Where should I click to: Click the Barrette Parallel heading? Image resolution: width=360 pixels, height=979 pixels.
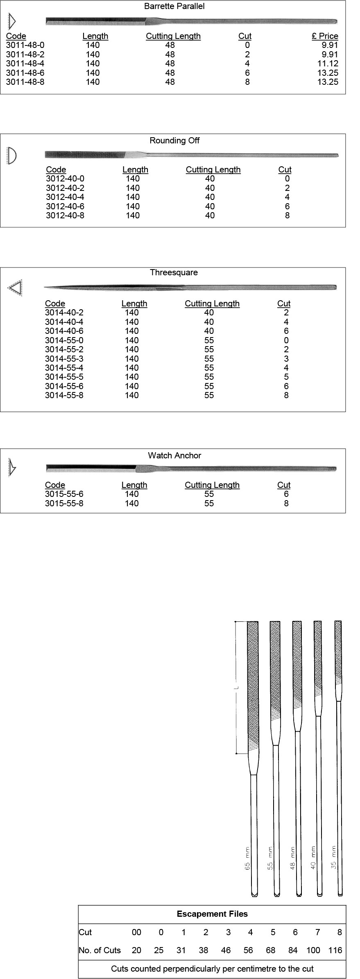pos(174,7)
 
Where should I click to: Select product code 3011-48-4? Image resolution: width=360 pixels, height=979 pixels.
pos(25,63)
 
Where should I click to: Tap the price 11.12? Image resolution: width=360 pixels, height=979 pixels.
pos(328,63)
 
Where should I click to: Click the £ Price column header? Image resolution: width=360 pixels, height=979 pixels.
pos(325,36)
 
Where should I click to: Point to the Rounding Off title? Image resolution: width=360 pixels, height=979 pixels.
pos(174,141)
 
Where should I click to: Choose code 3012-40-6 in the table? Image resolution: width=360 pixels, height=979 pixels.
pos(65,206)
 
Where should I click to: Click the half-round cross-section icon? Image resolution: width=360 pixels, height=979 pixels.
pos(12,156)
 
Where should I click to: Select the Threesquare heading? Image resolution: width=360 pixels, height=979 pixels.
pos(174,272)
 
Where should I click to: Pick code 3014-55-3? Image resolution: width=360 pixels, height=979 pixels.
pos(64,359)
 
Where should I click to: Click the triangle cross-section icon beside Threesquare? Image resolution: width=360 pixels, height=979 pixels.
pos(15,288)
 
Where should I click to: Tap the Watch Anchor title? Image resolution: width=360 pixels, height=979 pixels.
pos(174,456)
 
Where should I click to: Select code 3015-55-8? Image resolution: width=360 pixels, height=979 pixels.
pos(64,503)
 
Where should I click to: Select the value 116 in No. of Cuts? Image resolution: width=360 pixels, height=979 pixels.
pos(335,950)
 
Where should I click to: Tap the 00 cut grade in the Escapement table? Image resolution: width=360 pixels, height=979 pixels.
pos(136,932)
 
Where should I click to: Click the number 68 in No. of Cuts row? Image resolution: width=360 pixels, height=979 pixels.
pos(271,950)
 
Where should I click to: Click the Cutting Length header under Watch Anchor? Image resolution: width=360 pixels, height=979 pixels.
pos(212,485)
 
